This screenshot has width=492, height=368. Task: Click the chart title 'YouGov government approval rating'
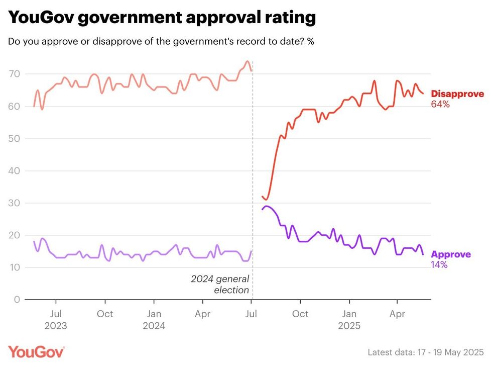(x=162, y=18)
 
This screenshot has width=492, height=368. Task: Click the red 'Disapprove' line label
(x=457, y=94)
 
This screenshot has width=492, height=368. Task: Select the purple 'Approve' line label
(x=451, y=254)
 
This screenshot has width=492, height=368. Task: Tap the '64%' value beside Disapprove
(x=440, y=105)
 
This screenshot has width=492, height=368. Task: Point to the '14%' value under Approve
(x=440, y=264)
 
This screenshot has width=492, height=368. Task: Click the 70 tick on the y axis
(x=14, y=74)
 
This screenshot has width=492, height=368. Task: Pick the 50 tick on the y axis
(x=14, y=139)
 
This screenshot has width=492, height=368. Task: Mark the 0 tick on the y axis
(x=17, y=300)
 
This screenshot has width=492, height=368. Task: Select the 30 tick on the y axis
(x=14, y=203)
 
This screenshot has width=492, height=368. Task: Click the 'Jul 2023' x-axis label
(x=56, y=320)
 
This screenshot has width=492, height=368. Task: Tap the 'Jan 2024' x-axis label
(x=154, y=320)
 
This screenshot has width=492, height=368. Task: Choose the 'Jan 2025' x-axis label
(x=349, y=320)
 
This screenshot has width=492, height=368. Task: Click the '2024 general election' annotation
(x=220, y=285)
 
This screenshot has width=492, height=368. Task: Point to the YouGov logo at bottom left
(x=36, y=352)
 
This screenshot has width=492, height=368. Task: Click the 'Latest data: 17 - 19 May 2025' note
(x=426, y=352)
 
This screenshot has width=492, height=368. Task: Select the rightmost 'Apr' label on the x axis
(x=398, y=314)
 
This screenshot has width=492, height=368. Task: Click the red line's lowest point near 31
(x=267, y=200)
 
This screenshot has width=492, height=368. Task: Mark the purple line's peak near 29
(x=267, y=206)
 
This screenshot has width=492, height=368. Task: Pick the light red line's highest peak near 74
(x=247, y=61)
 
